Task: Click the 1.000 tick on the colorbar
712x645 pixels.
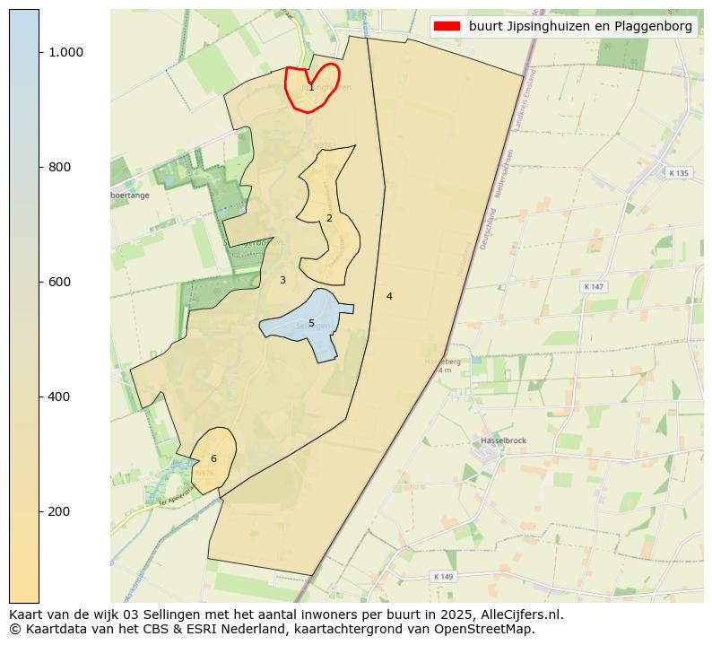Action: [x=65, y=52]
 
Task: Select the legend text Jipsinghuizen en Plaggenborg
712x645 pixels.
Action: [x=580, y=26]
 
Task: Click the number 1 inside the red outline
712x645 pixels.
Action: [x=311, y=87]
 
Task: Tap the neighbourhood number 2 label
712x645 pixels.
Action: [x=329, y=218]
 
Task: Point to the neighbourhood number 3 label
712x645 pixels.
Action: [x=282, y=280]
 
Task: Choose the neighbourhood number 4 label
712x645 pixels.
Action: [x=389, y=296]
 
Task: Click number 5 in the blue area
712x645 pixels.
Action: [x=311, y=323]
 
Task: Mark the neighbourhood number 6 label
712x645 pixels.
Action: [x=213, y=458]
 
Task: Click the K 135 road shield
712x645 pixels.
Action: [x=679, y=173]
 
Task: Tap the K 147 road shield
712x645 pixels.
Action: [x=594, y=286]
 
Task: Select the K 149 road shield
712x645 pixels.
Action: [x=443, y=576]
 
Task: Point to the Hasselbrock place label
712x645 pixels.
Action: [x=502, y=441]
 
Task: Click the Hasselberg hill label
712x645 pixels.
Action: [x=442, y=362]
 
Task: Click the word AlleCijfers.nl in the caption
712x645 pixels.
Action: [x=517, y=614]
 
